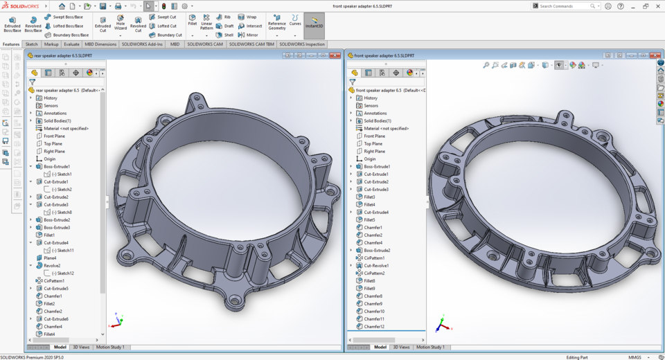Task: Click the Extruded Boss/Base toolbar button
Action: tap(12, 24)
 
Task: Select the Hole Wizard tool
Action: tap(121, 24)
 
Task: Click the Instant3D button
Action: tap(314, 23)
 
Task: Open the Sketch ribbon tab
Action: tap(32, 44)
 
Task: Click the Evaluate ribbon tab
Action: tap(71, 44)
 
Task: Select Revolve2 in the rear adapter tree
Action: tap(52, 265)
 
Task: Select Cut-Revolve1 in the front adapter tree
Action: tap(376, 265)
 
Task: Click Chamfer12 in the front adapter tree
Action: tap(374, 326)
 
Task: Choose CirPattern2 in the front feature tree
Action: tap(375, 273)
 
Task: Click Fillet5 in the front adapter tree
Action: tap(369, 219)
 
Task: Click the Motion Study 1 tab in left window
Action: tap(110, 347)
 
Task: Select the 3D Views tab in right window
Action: tap(400, 347)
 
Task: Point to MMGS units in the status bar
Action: tap(634, 357)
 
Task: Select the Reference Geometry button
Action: tap(276, 24)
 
